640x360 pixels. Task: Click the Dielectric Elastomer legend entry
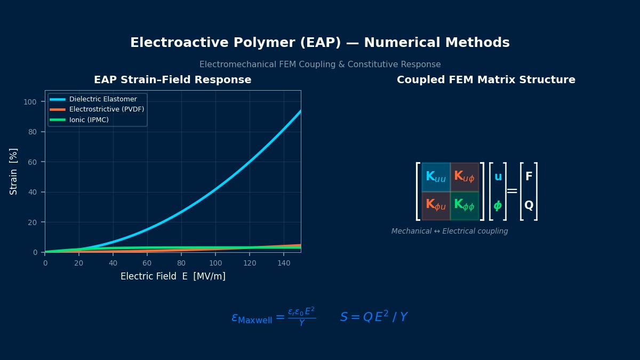[102, 99]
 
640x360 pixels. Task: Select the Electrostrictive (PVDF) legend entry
[106, 109]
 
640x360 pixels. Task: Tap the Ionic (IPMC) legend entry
[89, 120]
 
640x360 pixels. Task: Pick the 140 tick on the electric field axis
[284, 263]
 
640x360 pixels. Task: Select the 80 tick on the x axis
[181, 263]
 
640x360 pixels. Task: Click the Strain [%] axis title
[14, 171]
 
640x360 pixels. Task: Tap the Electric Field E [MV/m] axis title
[173, 276]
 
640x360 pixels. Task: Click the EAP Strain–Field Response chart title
[172, 80]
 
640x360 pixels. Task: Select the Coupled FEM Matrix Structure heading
[486, 80]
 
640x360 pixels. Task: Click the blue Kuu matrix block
[436, 177]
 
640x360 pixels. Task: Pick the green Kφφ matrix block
[465, 206]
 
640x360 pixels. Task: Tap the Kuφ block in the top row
[465, 177]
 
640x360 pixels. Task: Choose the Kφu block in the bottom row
[436, 206]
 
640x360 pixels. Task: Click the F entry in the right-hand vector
[529, 177]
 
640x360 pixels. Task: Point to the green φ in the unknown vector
[498, 206]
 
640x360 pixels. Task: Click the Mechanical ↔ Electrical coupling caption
[450, 231]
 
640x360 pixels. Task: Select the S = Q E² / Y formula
[374, 317]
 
